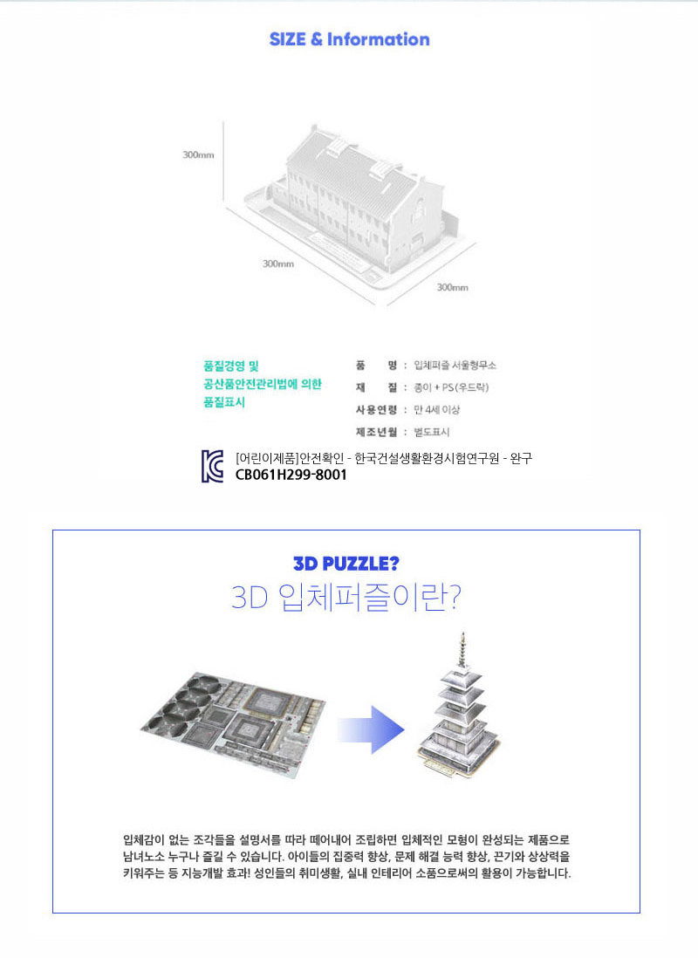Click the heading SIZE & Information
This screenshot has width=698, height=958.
point(349,39)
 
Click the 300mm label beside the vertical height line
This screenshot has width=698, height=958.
point(198,155)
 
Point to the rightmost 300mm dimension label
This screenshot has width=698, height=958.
point(452,287)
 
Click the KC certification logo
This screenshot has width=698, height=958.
point(213,466)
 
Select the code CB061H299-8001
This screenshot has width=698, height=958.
point(291,475)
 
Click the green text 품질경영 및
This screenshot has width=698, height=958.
point(231,366)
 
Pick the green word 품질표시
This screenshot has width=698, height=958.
point(223,402)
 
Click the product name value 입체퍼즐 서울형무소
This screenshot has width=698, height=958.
point(455,366)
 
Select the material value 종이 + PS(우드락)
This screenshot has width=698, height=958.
point(451,387)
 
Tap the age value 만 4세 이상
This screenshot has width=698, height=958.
point(436,409)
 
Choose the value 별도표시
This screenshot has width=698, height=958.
point(432,432)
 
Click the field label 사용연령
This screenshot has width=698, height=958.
point(377,409)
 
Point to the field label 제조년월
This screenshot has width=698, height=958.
point(377,432)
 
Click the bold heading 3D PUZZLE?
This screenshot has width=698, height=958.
point(346,564)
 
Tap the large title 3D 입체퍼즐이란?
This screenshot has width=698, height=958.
point(346,597)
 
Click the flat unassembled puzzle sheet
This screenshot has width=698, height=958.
point(233,725)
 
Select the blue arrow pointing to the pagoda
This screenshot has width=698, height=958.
point(371,729)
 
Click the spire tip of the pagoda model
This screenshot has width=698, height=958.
point(463,633)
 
